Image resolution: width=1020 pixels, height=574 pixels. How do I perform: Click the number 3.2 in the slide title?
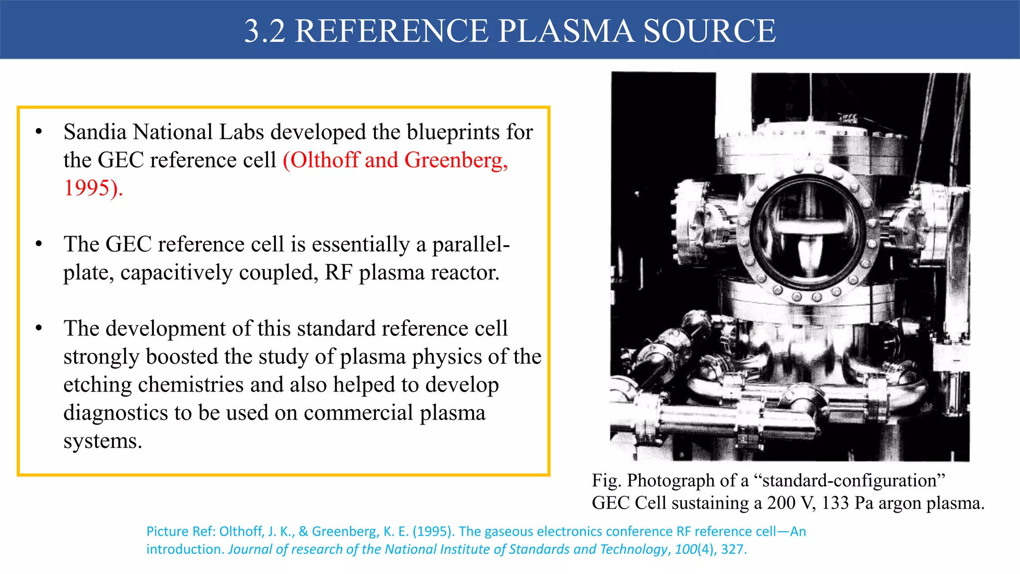[264, 31]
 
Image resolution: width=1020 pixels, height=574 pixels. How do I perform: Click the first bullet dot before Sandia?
[39, 132]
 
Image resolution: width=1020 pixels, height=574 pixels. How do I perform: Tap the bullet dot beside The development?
[39, 328]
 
